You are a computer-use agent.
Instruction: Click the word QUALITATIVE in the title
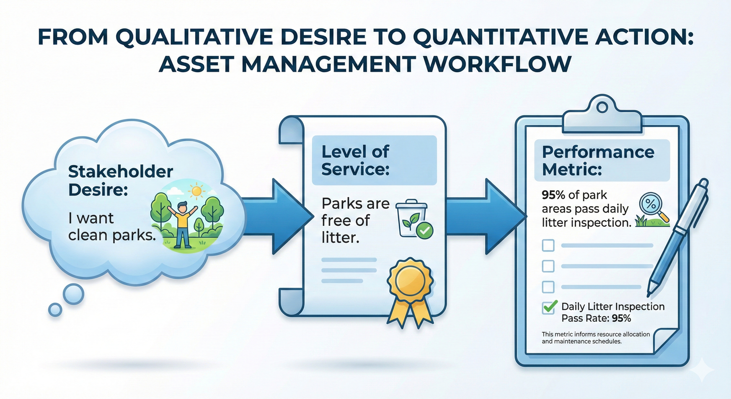(193, 37)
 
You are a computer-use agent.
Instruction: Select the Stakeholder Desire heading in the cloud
(120, 180)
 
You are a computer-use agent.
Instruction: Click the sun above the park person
(197, 191)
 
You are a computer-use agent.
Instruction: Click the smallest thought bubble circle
(55, 309)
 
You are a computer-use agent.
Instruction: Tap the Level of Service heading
(355, 160)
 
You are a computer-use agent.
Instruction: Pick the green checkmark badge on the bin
(425, 230)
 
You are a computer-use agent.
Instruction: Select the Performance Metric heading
(598, 160)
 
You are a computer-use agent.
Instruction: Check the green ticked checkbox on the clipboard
(549, 307)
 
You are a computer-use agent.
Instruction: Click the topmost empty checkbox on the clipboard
(548, 245)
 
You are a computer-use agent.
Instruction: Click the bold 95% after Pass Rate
(621, 319)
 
